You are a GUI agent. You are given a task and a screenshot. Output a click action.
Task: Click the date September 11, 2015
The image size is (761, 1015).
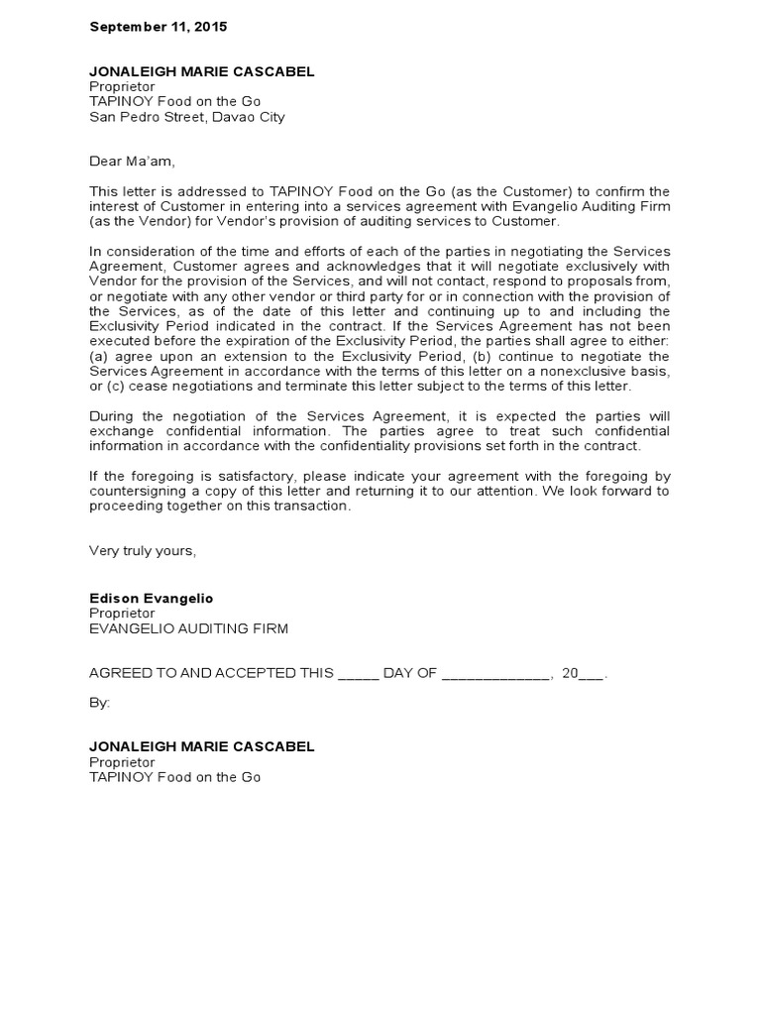point(158,27)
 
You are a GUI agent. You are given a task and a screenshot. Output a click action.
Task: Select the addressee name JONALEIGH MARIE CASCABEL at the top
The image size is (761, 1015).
point(201,71)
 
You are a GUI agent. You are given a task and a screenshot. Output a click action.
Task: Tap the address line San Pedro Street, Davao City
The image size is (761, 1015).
point(186,117)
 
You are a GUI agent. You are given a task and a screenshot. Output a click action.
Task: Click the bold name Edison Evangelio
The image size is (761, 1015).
point(151,599)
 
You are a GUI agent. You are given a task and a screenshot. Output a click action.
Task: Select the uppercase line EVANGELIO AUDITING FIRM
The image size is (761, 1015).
point(188,628)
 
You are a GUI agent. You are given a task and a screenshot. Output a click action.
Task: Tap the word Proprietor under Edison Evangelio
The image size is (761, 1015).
point(122,614)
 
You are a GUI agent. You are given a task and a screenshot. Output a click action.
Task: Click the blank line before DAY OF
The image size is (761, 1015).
point(358,674)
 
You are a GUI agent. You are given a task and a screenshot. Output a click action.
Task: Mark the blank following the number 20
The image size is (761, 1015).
point(591,674)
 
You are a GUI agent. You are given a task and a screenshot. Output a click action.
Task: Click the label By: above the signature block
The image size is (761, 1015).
point(100,702)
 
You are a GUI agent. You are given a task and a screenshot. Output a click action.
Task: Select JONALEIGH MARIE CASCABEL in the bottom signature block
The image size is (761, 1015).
point(201,746)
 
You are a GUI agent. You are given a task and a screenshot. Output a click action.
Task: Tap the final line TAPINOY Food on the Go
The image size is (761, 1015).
point(174,777)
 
